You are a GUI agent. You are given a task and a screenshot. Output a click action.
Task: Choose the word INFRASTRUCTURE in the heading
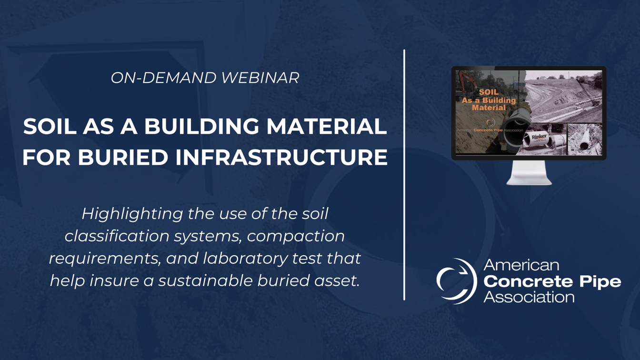(281, 158)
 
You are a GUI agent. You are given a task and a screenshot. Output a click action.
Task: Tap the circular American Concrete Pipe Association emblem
(456, 281)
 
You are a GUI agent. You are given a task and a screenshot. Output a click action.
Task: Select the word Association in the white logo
(529, 297)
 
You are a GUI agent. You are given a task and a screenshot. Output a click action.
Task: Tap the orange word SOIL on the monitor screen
(489, 92)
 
